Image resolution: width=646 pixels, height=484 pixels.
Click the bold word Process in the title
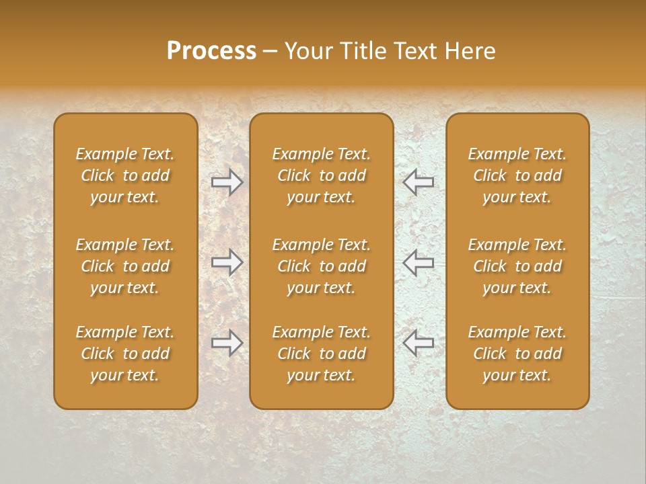(x=211, y=52)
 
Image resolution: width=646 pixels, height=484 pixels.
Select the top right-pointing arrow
(x=227, y=182)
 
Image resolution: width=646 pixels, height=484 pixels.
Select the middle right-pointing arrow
(x=227, y=263)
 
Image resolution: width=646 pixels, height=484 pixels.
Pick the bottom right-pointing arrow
(x=227, y=344)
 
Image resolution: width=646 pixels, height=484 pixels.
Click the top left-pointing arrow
(x=419, y=182)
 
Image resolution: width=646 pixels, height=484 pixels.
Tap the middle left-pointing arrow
(x=419, y=263)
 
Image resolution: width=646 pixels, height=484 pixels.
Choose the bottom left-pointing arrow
(x=419, y=344)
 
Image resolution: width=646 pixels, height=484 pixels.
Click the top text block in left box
(x=125, y=176)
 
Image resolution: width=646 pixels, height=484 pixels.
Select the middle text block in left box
(x=125, y=266)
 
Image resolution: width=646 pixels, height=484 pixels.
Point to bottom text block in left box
(x=125, y=354)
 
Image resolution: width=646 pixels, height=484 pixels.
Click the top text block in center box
(x=322, y=176)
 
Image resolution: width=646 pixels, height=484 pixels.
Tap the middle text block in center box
(x=322, y=266)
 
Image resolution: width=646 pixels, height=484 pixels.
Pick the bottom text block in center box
(x=322, y=354)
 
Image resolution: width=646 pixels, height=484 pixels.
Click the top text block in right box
(x=517, y=176)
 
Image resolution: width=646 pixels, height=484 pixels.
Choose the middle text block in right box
(x=517, y=266)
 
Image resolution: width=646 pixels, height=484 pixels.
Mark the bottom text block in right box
(x=517, y=354)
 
